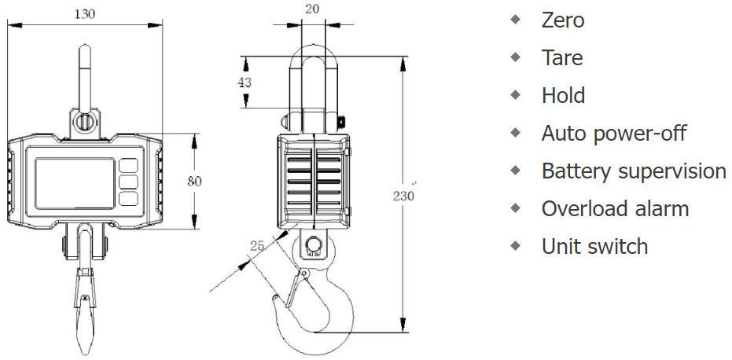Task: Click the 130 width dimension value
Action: pyautogui.click(x=84, y=14)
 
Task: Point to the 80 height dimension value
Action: pyautogui.click(x=195, y=181)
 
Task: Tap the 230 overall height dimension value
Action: pyautogui.click(x=403, y=196)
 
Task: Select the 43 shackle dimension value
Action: pyautogui.click(x=245, y=83)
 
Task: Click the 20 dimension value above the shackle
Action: pyautogui.click(x=312, y=9)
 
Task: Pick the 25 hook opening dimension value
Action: pyautogui.click(x=257, y=245)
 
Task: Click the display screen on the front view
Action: pyautogui.click(x=75, y=183)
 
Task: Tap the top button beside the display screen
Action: pyautogui.click(x=128, y=166)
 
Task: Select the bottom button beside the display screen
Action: pyautogui.click(x=128, y=199)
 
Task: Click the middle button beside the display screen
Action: pyautogui.click(x=128, y=182)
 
